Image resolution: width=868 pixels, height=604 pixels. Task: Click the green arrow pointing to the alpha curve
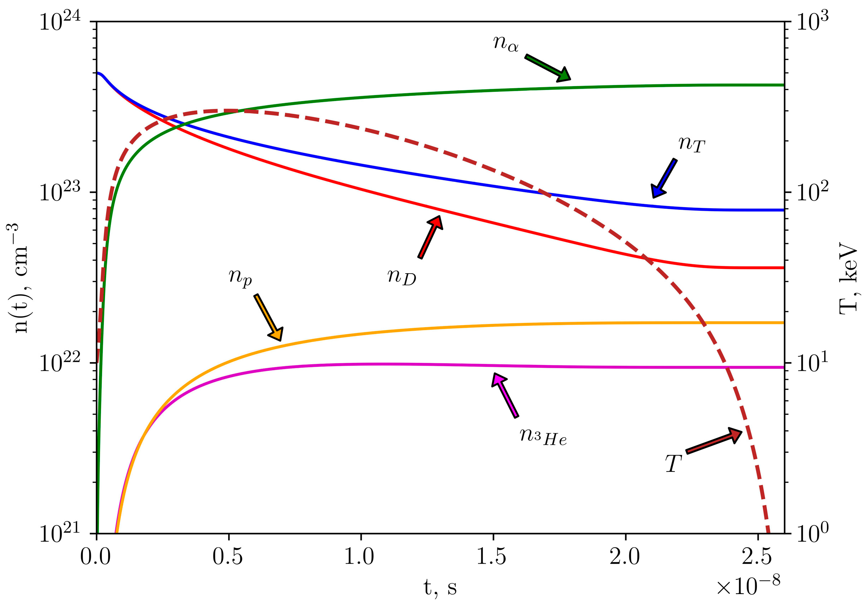pos(547,68)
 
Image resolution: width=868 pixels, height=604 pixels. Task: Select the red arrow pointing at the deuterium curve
pos(430,237)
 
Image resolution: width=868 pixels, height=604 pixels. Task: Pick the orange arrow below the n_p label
pos(268,317)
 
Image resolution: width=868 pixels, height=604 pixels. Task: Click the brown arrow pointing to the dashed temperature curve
pos(714,441)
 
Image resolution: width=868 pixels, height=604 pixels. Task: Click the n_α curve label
pos(506,43)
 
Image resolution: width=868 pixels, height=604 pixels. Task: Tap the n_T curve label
pos(692,144)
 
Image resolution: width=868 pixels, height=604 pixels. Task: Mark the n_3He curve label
pos(543,437)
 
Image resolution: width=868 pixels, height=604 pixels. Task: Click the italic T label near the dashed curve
pos(673,464)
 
